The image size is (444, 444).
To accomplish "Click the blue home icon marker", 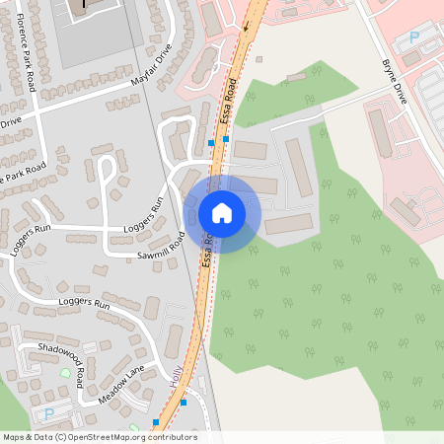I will pyautogui.click(x=222, y=212).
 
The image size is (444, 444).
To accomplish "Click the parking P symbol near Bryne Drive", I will pyautogui.click(x=413, y=37).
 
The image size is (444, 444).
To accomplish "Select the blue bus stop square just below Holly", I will pyautogui.click(x=184, y=403).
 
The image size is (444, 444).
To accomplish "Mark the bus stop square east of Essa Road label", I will pyautogui.click(x=227, y=139).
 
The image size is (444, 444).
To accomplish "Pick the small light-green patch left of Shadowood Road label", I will pyautogui.click(x=65, y=372).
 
